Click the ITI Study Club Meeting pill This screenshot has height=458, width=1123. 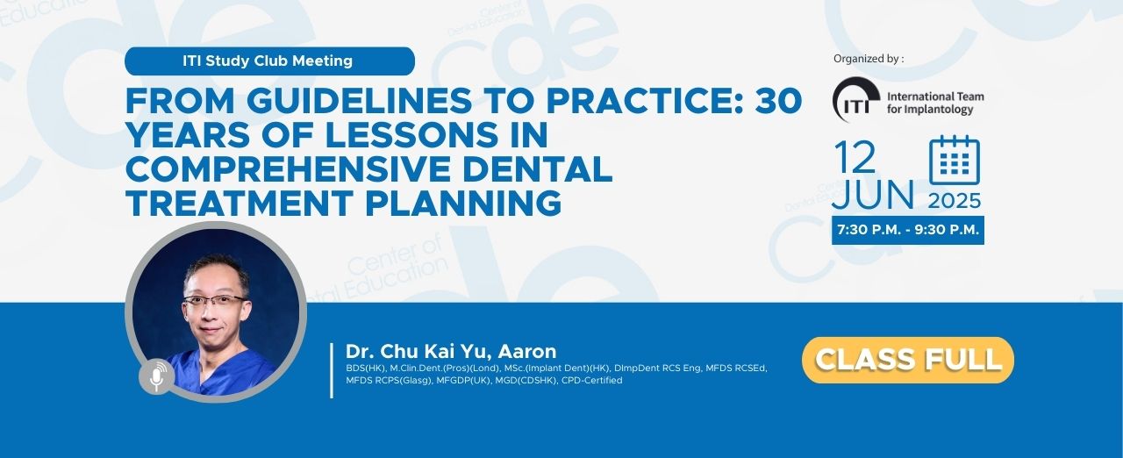(x=269, y=61)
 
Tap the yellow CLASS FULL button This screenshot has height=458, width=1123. (x=908, y=360)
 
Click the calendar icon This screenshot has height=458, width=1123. (x=954, y=160)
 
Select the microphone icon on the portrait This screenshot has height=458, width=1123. (x=157, y=376)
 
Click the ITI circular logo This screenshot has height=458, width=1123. (x=856, y=100)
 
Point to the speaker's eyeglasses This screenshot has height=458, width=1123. (x=215, y=301)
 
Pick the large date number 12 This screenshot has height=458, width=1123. (x=855, y=157)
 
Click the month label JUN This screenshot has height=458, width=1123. (x=873, y=194)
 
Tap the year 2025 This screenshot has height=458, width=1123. (x=955, y=201)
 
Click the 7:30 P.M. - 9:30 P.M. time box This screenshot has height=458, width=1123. (x=908, y=230)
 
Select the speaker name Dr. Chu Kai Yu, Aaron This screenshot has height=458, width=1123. (x=451, y=351)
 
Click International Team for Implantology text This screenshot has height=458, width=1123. (x=935, y=103)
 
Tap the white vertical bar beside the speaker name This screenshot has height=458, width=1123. (x=332, y=370)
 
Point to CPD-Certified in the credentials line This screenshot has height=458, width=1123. (x=591, y=380)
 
